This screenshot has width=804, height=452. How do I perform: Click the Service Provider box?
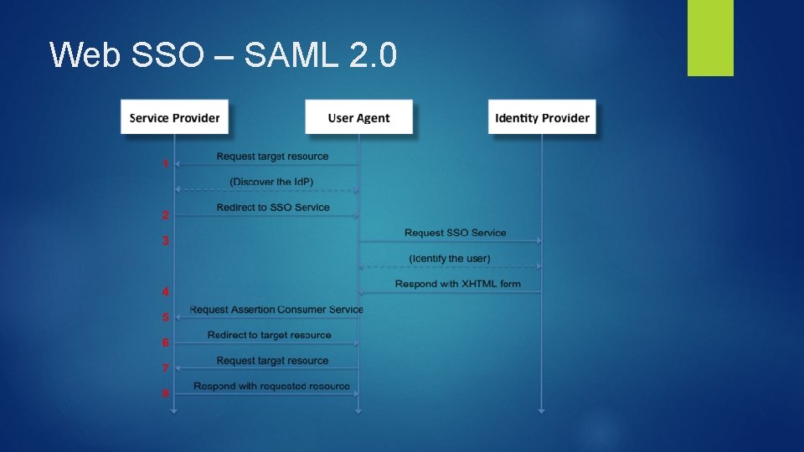[174, 117]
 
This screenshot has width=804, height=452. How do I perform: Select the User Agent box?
[358, 117]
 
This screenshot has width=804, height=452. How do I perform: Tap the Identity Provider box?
[542, 117]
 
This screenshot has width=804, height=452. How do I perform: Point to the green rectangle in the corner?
[710, 38]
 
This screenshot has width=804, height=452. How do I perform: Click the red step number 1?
[166, 164]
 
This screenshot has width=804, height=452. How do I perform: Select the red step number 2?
[166, 215]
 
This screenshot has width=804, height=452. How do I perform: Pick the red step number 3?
[166, 240]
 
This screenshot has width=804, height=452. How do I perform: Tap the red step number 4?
[166, 291]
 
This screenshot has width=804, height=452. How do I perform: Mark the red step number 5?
[166, 317]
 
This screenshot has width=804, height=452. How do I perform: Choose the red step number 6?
[166, 342]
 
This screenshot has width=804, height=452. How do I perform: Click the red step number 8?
[166, 393]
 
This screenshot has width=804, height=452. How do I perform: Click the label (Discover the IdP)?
[271, 182]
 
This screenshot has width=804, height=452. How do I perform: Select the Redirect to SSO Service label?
[273, 208]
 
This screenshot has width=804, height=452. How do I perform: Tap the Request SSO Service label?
[455, 233]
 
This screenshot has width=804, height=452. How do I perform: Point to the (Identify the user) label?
[450, 258]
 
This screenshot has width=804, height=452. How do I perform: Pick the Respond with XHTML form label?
[457, 284]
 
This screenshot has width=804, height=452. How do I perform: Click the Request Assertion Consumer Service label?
[276, 310]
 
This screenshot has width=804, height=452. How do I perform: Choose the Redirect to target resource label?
[269, 335]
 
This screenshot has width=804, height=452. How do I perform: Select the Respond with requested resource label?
[271, 386]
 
